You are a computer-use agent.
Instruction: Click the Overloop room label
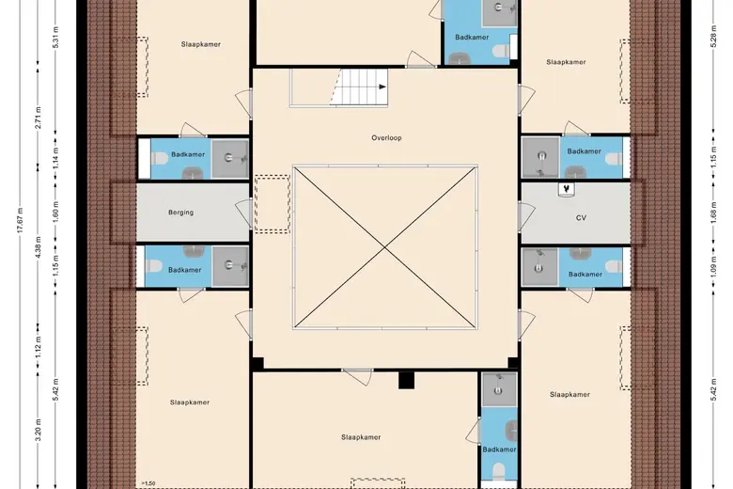(386, 138)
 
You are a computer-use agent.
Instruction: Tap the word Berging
(181, 213)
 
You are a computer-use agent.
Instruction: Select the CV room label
(581, 218)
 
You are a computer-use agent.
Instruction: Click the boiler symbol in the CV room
(567, 190)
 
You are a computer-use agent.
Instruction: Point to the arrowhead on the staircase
(382, 87)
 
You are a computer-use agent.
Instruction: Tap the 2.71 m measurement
(39, 118)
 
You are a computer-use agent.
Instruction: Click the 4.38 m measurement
(39, 247)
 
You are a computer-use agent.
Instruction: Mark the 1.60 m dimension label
(55, 213)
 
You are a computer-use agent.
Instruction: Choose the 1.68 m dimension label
(714, 213)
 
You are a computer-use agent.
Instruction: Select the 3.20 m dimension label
(39, 430)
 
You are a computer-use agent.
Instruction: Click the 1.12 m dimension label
(39, 347)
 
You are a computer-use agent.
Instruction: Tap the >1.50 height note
(148, 484)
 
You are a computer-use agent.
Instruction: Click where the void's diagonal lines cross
(384, 247)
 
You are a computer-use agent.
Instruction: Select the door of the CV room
(527, 216)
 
